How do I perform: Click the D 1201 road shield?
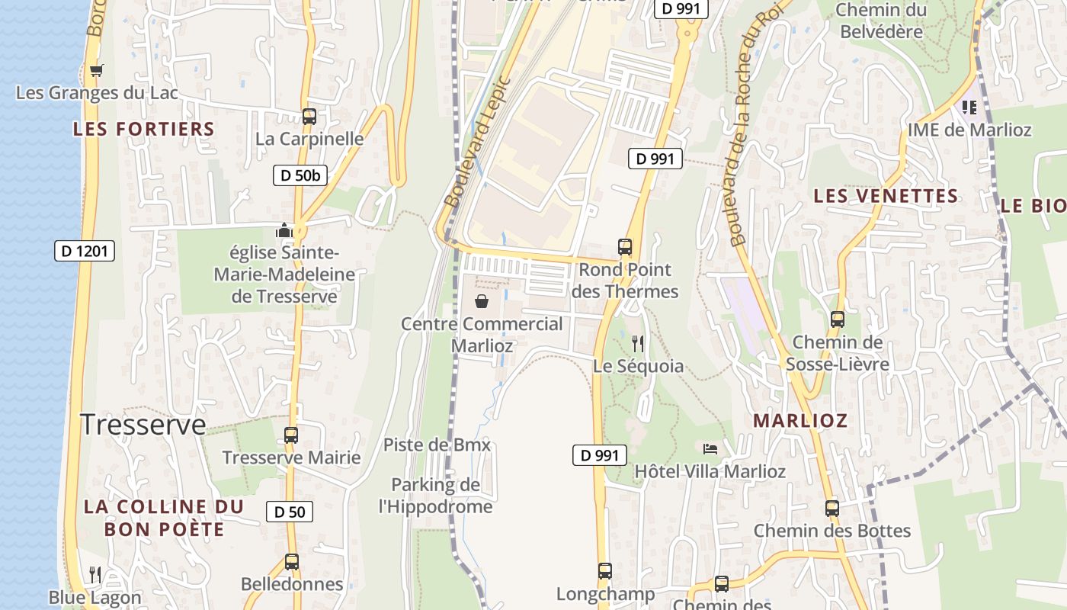click(x=85, y=251)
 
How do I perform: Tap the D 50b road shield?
click(x=300, y=175)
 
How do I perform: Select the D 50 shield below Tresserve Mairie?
click(x=289, y=512)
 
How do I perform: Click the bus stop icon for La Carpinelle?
click(x=309, y=117)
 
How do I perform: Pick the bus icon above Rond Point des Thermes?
click(x=624, y=247)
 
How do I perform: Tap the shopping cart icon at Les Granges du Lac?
click(x=96, y=71)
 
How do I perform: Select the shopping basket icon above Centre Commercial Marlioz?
click(x=482, y=301)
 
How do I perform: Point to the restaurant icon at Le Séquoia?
click(x=638, y=344)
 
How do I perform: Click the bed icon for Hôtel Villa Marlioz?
click(x=710, y=448)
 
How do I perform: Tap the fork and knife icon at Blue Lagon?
click(x=95, y=574)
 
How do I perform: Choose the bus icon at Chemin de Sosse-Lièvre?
click(x=837, y=319)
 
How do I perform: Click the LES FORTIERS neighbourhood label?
click(x=144, y=129)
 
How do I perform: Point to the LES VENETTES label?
click(x=886, y=196)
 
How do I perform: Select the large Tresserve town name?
click(x=143, y=425)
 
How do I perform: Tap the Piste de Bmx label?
click(x=437, y=445)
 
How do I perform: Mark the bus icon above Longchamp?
click(x=604, y=570)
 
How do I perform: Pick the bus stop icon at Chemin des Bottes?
click(x=831, y=508)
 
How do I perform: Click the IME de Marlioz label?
click(x=969, y=130)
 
